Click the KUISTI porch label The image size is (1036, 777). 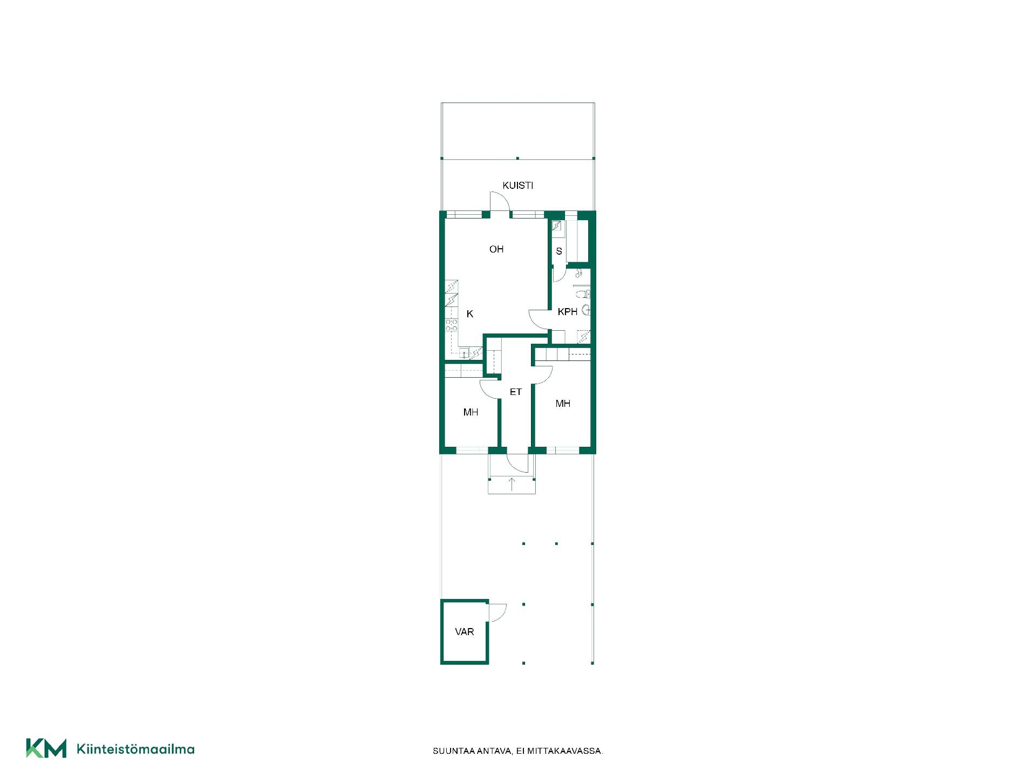pyautogui.click(x=517, y=186)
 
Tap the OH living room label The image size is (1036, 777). pyautogui.click(x=496, y=249)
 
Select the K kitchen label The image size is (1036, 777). pyautogui.click(x=470, y=314)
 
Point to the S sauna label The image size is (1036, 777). pyautogui.click(x=559, y=251)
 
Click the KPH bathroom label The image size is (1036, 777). pyautogui.click(x=568, y=312)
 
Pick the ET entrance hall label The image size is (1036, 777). pyautogui.click(x=516, y=392)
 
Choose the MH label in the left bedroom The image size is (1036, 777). pyautogui.click(x=471, y=412)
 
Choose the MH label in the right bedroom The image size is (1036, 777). pyautogui.click(x=563, y=404)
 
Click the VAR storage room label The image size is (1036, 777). pyautogui.click(x=465, y=632)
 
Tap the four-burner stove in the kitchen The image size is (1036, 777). pyautogui.click(x=452, y=325)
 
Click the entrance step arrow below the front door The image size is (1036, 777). pyautogui.click(x=512, y=485)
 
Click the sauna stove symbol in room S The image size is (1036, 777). pyautogui.click(x=557, y=227)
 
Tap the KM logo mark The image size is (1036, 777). pyautogui.click(x=46, y=748)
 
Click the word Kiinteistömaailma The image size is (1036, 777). pyautogui.click(x=136, y=749)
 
